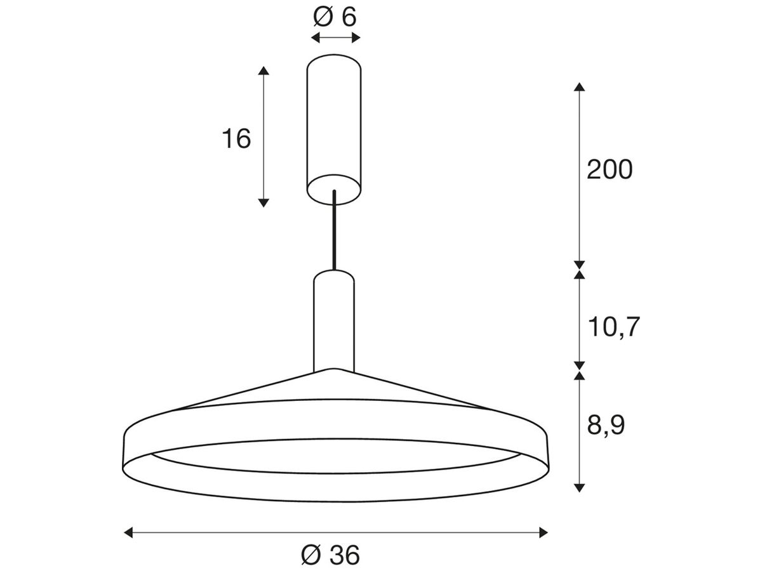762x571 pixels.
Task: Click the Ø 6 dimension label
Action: [x=335, y=17]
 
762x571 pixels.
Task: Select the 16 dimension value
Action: [x=236, y=138]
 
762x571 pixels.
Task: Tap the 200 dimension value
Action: [x=610, y=170]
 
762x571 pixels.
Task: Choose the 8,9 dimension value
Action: [x=606, y=425]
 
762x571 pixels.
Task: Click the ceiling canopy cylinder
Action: [x=334, y=121]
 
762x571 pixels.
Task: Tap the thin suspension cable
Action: [x=334, y=232]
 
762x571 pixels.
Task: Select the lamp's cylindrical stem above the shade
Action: [x=334, y=320]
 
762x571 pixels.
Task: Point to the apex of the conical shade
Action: [x=332, y=369]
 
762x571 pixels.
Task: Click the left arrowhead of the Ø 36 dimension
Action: [x=127, y=532]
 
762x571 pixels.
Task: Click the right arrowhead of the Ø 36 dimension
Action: [x=543, y=532]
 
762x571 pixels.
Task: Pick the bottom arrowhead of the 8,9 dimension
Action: [x=578, y=487]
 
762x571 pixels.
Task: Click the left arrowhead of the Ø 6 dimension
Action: [x=314, y=38]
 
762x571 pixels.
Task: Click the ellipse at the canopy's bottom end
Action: [x=334, y=188]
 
